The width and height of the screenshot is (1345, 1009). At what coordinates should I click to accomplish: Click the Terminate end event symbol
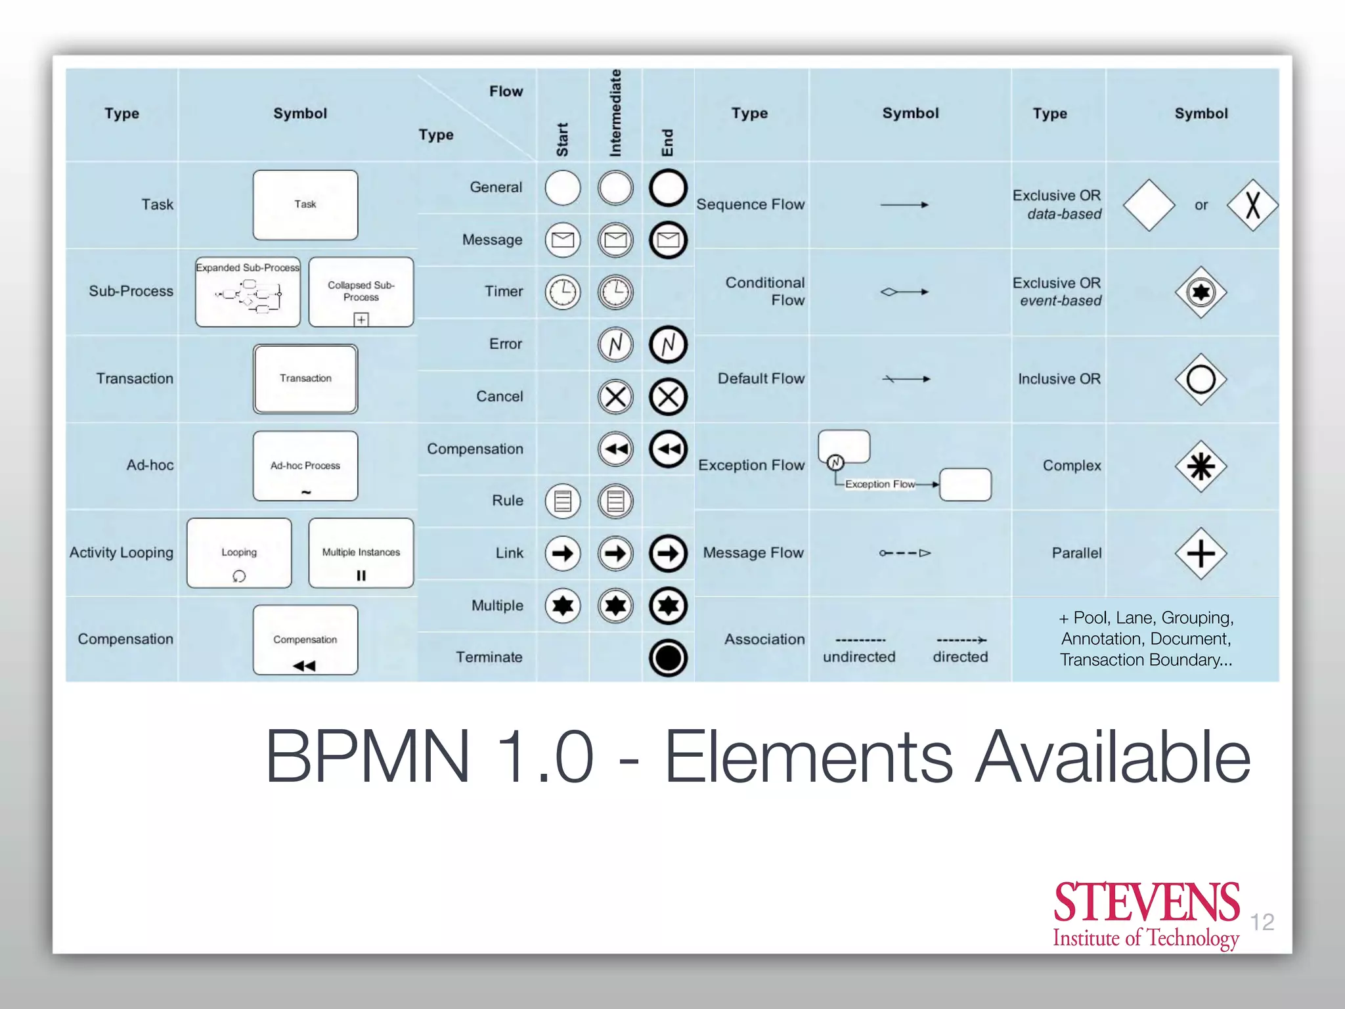pyautogui.click(x=668, y=658)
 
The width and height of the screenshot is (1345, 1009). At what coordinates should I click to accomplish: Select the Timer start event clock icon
pyautogui.click(x=563, y=292)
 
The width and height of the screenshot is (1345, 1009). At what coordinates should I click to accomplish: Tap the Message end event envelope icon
pyautogui.click(x=668, y=240)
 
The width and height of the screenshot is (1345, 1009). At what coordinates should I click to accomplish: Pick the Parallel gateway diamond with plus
pyautogui.click(x=1201, y=553)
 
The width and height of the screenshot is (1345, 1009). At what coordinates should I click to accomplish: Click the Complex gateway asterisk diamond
pyautogui.click(x=1201, y=466)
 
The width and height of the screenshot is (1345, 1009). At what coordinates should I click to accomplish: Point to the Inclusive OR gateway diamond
pyautogui.click(x=1201, y=379)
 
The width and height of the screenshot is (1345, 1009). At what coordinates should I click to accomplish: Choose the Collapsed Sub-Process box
pyautogui.click(x=361, y=292)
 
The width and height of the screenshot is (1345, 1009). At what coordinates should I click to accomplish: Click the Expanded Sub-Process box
pyautogui.click(x=248, y=292)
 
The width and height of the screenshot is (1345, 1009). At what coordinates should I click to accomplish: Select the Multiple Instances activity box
pyautogui.click(x=361, y=553)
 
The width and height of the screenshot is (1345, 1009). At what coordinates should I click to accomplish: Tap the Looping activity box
pyautogui.click(x=239, y=553)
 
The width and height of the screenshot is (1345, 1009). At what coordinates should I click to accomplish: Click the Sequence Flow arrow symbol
pyautogui.click(x=904, y=205)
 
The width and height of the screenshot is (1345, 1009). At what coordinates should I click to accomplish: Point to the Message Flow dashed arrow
pyautogui.click(x=905, y=553)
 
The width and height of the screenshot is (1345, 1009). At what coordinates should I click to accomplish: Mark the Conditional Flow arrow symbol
pyautogui.click(x=904, y=292)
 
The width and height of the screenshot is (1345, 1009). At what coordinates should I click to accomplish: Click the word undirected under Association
pyautogui.click(x=859, y=657)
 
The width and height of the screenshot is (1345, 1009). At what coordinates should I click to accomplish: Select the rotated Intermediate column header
pyautogui.click(x=615, y=113)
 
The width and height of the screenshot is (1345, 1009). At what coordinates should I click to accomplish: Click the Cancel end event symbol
pyautogui.click(x=668, y=397)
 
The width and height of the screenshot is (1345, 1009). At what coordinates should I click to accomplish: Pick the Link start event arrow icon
pyautogui.click(x=563, y=553)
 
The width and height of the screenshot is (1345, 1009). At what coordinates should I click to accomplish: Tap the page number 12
pyautogui.click(x=1262, y=922)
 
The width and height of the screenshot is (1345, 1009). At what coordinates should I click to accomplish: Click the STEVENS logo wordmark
pyautogui.click(x=1146, y=903)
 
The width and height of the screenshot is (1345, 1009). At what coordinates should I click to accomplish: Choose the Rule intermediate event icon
pyautogui.click(x=615, y=501)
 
